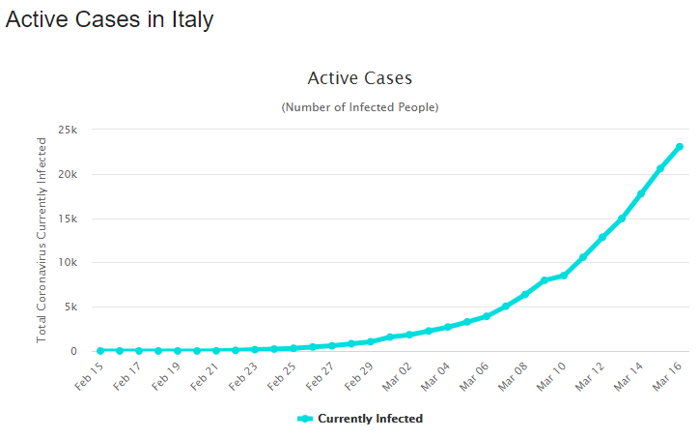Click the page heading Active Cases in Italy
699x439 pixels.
(109, 19)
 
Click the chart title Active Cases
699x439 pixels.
(359, 77)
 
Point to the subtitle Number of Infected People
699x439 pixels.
(359, 106)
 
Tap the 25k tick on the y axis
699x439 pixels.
(68, 130)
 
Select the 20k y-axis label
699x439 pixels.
(68, 174)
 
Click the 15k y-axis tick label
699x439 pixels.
(68, 219)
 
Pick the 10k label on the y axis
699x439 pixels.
(68, 262)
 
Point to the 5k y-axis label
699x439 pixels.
(70, 307)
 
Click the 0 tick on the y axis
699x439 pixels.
(74, 351)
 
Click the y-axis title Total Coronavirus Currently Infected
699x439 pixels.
(42, 240)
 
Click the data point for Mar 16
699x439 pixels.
(680, 147)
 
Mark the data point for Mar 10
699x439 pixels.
(564, 276)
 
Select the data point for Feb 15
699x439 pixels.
(100, 350)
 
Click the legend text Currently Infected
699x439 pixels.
(370, 419)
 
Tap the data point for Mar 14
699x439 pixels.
(641, 193)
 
